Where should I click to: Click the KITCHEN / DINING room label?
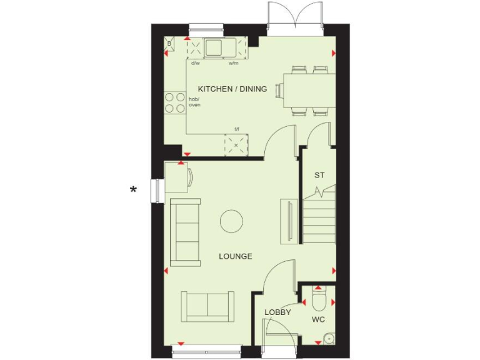(232, 89)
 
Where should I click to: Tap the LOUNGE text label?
(236, 256)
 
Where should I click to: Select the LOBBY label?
(277, 312)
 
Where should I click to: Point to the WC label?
(318, 319)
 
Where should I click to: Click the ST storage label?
(319, 175)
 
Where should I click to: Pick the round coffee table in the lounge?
(231, 221)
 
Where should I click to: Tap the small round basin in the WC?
(329, 338)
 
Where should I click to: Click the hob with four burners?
(175, 103)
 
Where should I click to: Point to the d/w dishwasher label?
(196, 62)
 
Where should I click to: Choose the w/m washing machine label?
(233, 62)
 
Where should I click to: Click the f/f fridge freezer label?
(237, 129)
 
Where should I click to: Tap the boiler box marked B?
(169, 43)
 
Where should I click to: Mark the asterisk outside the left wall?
(133, 189)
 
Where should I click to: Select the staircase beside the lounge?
(319, 216)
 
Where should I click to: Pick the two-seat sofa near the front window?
(208, 306)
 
